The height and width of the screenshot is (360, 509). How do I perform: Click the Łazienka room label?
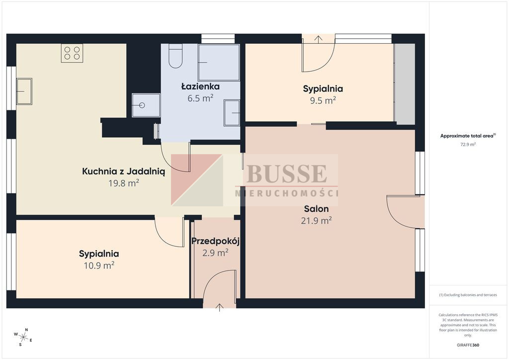tap(200, 87)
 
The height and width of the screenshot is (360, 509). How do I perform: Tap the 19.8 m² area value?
tap(124, 183)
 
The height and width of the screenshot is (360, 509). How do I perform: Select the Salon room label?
tap(316, 209)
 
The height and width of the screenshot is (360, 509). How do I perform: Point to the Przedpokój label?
tap(216, 241)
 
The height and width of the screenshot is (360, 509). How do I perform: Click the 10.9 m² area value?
tap(99, 266)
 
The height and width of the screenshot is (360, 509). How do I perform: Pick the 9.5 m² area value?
tap(323, 100)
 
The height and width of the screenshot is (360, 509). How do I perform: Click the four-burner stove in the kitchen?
tap(72, 53)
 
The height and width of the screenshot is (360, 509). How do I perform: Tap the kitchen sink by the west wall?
tap(24, 91)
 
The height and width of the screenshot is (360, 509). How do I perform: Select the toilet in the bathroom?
tap(175, 56)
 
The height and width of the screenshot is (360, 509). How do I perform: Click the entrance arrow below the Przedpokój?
tap(219, 307)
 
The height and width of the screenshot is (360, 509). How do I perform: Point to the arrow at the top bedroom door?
tap(318, 39)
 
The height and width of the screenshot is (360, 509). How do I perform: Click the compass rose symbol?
tap(23, 337)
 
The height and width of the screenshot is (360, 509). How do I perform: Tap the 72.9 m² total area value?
tap(468, 145)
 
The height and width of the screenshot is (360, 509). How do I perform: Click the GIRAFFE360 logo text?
tap(468, 345)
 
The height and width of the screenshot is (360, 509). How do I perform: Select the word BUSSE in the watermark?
tap(287, 174)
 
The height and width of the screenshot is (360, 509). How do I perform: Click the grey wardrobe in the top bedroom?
tap(405, 84)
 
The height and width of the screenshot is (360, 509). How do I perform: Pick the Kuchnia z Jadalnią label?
tap(124, 172)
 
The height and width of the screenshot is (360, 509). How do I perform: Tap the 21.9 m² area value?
tap(316, 221)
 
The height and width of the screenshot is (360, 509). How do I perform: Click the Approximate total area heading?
tap(468, 136)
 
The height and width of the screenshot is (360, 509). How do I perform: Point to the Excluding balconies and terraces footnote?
tap(468, 295)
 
